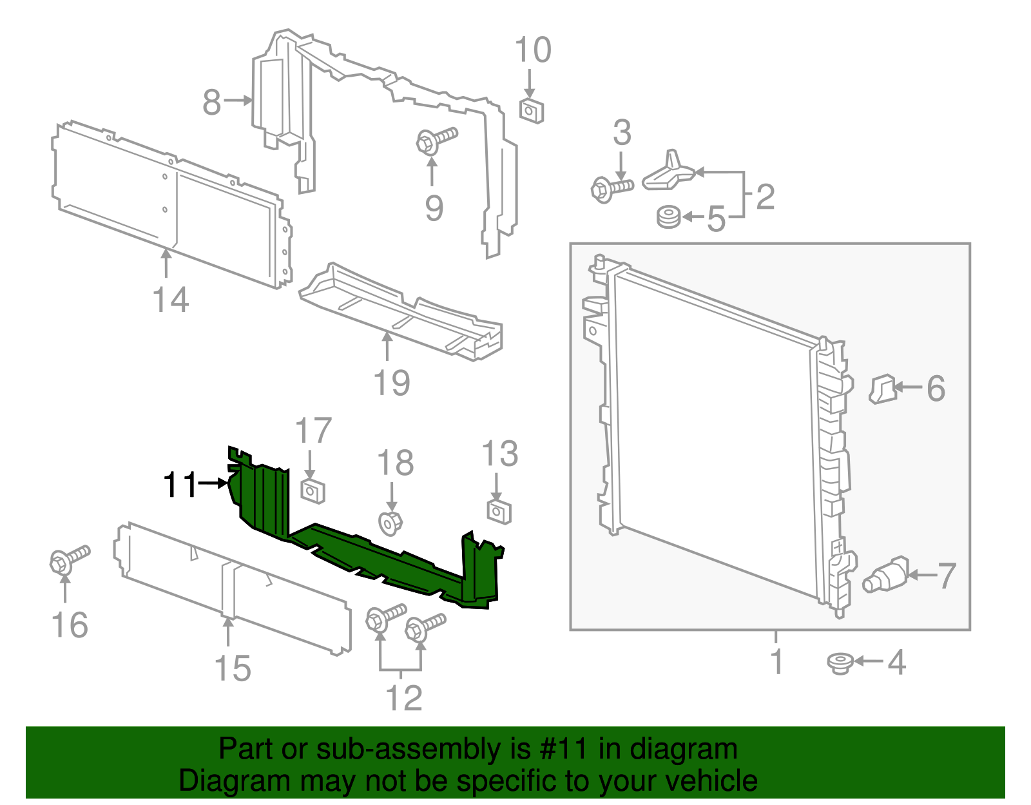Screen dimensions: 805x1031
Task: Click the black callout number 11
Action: [x=180, y=485]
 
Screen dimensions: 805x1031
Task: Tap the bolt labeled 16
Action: [x=68, y=559]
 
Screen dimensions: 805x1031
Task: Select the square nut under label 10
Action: [x=531, y=111]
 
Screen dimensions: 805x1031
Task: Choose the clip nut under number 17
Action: [x=313, y=492]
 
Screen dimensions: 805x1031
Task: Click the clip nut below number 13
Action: [x=499, y=512]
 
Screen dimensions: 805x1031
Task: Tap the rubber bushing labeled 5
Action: [x=668, y=217]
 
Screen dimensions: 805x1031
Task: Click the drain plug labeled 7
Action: [x=887, y=574]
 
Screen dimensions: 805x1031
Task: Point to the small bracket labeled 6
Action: [x=882, y=389]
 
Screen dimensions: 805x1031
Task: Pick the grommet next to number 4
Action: [x=840, y=663]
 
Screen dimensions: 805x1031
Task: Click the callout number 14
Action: [x=171, y=300]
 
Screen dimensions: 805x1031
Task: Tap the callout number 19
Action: [x=392, y=383]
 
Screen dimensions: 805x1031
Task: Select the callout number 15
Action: [x=232, y=668]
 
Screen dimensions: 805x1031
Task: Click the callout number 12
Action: [x=404, y=699]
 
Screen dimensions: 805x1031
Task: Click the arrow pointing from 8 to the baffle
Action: [x=238, y=100]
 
